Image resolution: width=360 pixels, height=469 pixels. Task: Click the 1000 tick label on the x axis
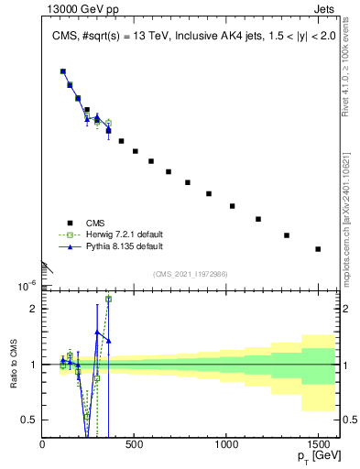pyautogui.click(x=226, y=445)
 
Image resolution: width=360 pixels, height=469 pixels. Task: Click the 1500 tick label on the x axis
pyautogui.click(x=318, y=445)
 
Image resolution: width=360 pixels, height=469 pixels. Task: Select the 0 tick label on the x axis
pyautogui.click(x=43, y=445)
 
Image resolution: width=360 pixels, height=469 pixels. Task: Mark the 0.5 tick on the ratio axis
pyautogui.click(x=29, y=420)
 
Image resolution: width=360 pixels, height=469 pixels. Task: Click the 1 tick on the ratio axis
pyautogui.click(x=32, y=365)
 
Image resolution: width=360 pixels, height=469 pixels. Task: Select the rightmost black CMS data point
pyautogui.click(x=318, y=248)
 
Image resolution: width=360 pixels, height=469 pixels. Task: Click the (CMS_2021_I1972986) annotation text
pyautogui.click(x=190, y=274)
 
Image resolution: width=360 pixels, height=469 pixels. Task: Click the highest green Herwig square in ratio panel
pyautogui.click(x=108, y=299)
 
